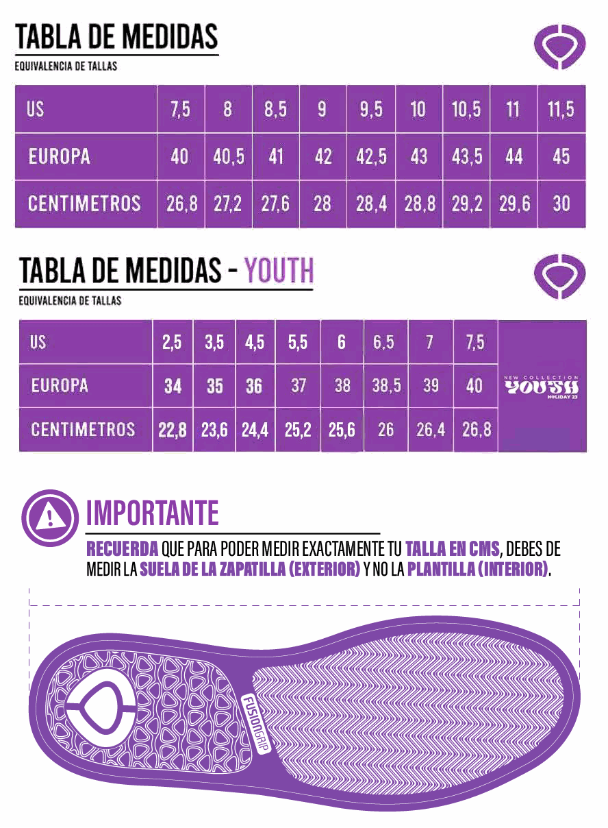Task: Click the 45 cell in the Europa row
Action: (x=561, y=156)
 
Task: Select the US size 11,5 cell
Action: (x=561, y=109)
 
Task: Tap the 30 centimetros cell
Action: (x=561, y=204)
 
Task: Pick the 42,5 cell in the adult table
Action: (x=371, y=156)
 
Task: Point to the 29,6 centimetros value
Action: (x=514, y=204)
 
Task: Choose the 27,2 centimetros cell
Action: (x=228, y=204)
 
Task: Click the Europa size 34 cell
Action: (x=173, y=386)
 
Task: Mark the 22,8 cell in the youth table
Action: (x=173, y=430)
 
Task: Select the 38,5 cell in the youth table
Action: (x=386, y=386)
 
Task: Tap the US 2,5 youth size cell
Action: (x=173, y=342)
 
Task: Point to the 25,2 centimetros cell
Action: (x=298, y=430)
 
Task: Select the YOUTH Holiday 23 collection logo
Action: (x=542, y=388)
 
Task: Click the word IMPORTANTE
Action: (x=153, y=513)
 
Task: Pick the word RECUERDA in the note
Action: (x=123, y=550)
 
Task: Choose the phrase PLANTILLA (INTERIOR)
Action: (x=478, y=570)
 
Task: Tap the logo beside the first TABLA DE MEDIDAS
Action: (x=560, y=46)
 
